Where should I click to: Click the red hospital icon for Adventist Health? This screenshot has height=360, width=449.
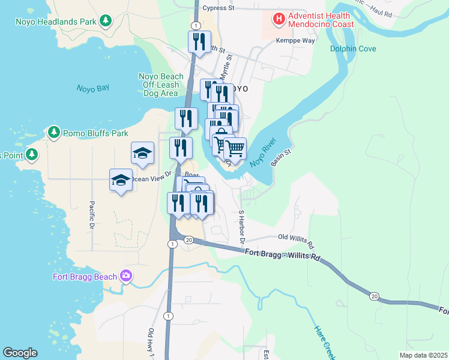coord(279,19)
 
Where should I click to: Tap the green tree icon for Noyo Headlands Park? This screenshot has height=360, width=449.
coord(106,22)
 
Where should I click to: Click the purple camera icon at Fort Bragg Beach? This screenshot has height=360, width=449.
coord(125,276)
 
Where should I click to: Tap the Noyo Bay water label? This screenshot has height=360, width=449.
coord(93,88)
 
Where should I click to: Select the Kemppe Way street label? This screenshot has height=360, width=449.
coord(295,41)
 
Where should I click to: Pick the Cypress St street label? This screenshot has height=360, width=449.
coord(218,8)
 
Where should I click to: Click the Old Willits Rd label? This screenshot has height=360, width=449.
coord(295,241)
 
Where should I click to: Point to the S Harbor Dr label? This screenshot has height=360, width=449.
coord(242,226)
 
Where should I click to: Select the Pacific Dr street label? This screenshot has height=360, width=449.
coord(92,215)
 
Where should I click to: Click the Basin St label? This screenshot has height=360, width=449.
coord(280,158)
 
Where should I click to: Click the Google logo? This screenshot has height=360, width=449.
coord(20,353)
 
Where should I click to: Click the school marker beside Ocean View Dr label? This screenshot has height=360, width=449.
coord(121,180)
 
